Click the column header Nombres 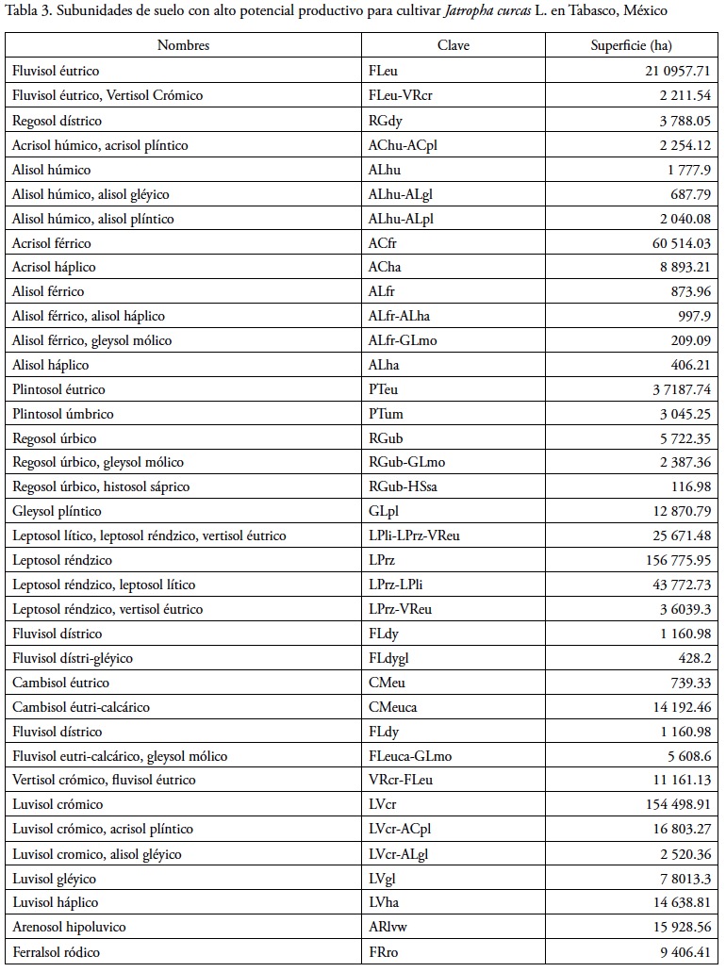[x=183, y=45]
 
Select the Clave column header [x=454, y=45]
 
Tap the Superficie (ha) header [x=632, y=45]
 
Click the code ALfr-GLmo [x=403, y=340]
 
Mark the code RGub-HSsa [x=404, y=487]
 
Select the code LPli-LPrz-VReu [x=415, y=536]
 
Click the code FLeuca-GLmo [x=410, y=756]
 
